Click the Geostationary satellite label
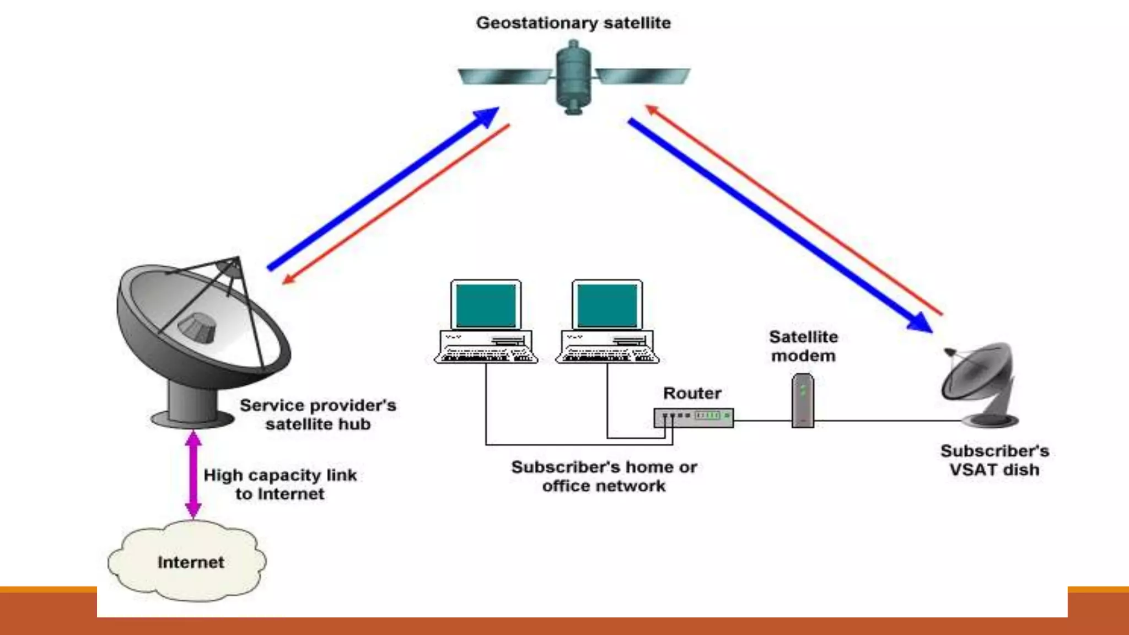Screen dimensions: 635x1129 573,23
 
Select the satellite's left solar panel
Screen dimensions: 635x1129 504,76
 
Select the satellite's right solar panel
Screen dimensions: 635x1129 643,76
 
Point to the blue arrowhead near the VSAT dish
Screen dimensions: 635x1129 920,322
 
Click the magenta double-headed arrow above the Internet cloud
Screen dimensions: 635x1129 193,474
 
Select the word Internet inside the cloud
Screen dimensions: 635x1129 191,562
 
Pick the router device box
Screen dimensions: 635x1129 693,417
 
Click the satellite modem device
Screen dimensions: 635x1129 803,400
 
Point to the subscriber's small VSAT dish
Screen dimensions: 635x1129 979,380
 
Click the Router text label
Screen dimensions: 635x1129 692,393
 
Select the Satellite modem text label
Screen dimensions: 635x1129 803,346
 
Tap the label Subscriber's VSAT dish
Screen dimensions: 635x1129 994,460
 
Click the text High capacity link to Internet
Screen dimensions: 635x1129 280,484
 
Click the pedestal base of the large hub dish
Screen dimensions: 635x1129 193,411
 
